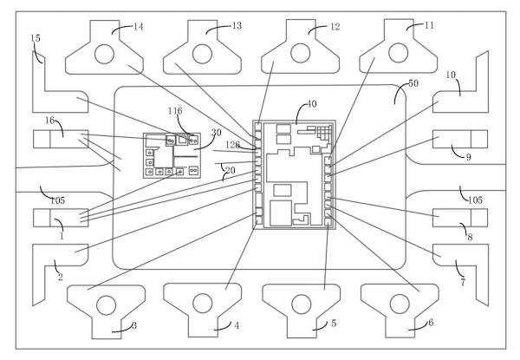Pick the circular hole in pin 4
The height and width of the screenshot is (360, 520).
(203, 304)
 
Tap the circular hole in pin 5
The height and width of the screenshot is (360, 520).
(301, 304)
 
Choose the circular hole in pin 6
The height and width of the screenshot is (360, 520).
(399, 304)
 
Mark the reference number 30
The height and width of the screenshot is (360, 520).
(217, 132)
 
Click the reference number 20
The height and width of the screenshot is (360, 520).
(230, 170)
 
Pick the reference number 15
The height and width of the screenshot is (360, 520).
(35, 38)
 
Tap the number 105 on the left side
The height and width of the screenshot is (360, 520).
(57, 201)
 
